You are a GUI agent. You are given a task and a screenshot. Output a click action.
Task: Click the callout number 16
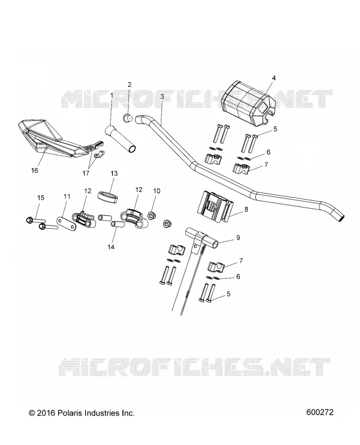coord(34,170)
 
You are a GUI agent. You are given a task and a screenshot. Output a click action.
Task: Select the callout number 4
coord(273,78)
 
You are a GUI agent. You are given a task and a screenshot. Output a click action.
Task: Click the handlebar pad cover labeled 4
coord(248,102)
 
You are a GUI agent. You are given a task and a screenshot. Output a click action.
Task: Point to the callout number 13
coord(114,173)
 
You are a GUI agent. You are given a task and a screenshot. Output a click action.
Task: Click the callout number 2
coord(130,85)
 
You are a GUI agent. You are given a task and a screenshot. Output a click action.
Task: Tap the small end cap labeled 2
coord(129,118)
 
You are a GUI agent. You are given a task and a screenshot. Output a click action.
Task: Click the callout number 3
coord(162,96)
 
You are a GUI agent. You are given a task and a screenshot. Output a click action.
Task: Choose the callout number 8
coord(246,209)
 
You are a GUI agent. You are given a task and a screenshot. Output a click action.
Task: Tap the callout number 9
coord(238,238)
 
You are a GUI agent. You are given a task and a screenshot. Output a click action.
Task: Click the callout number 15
coord(41,197)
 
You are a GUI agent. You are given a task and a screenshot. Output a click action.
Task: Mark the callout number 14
coord(111,247)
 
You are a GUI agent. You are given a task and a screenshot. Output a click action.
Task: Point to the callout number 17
coord(86,173)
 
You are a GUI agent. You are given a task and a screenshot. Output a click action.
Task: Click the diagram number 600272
coord(320,412)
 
